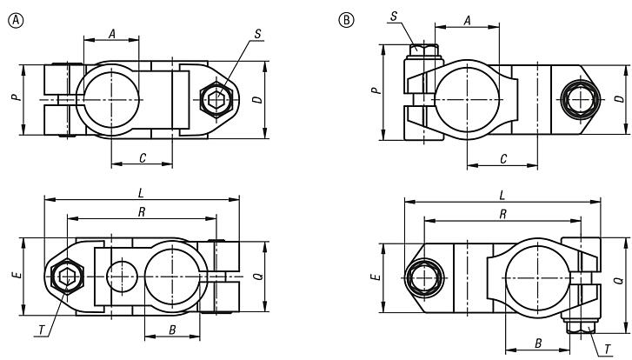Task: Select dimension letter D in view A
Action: coord(256,100)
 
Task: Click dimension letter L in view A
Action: coord(141,193)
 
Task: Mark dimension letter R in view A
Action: coord(141,211)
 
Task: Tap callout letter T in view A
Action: coord(42,330)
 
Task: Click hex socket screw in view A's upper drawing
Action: coord(214,100)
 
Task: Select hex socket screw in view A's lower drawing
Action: coord(67,277)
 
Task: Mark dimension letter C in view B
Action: coord(503,158)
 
